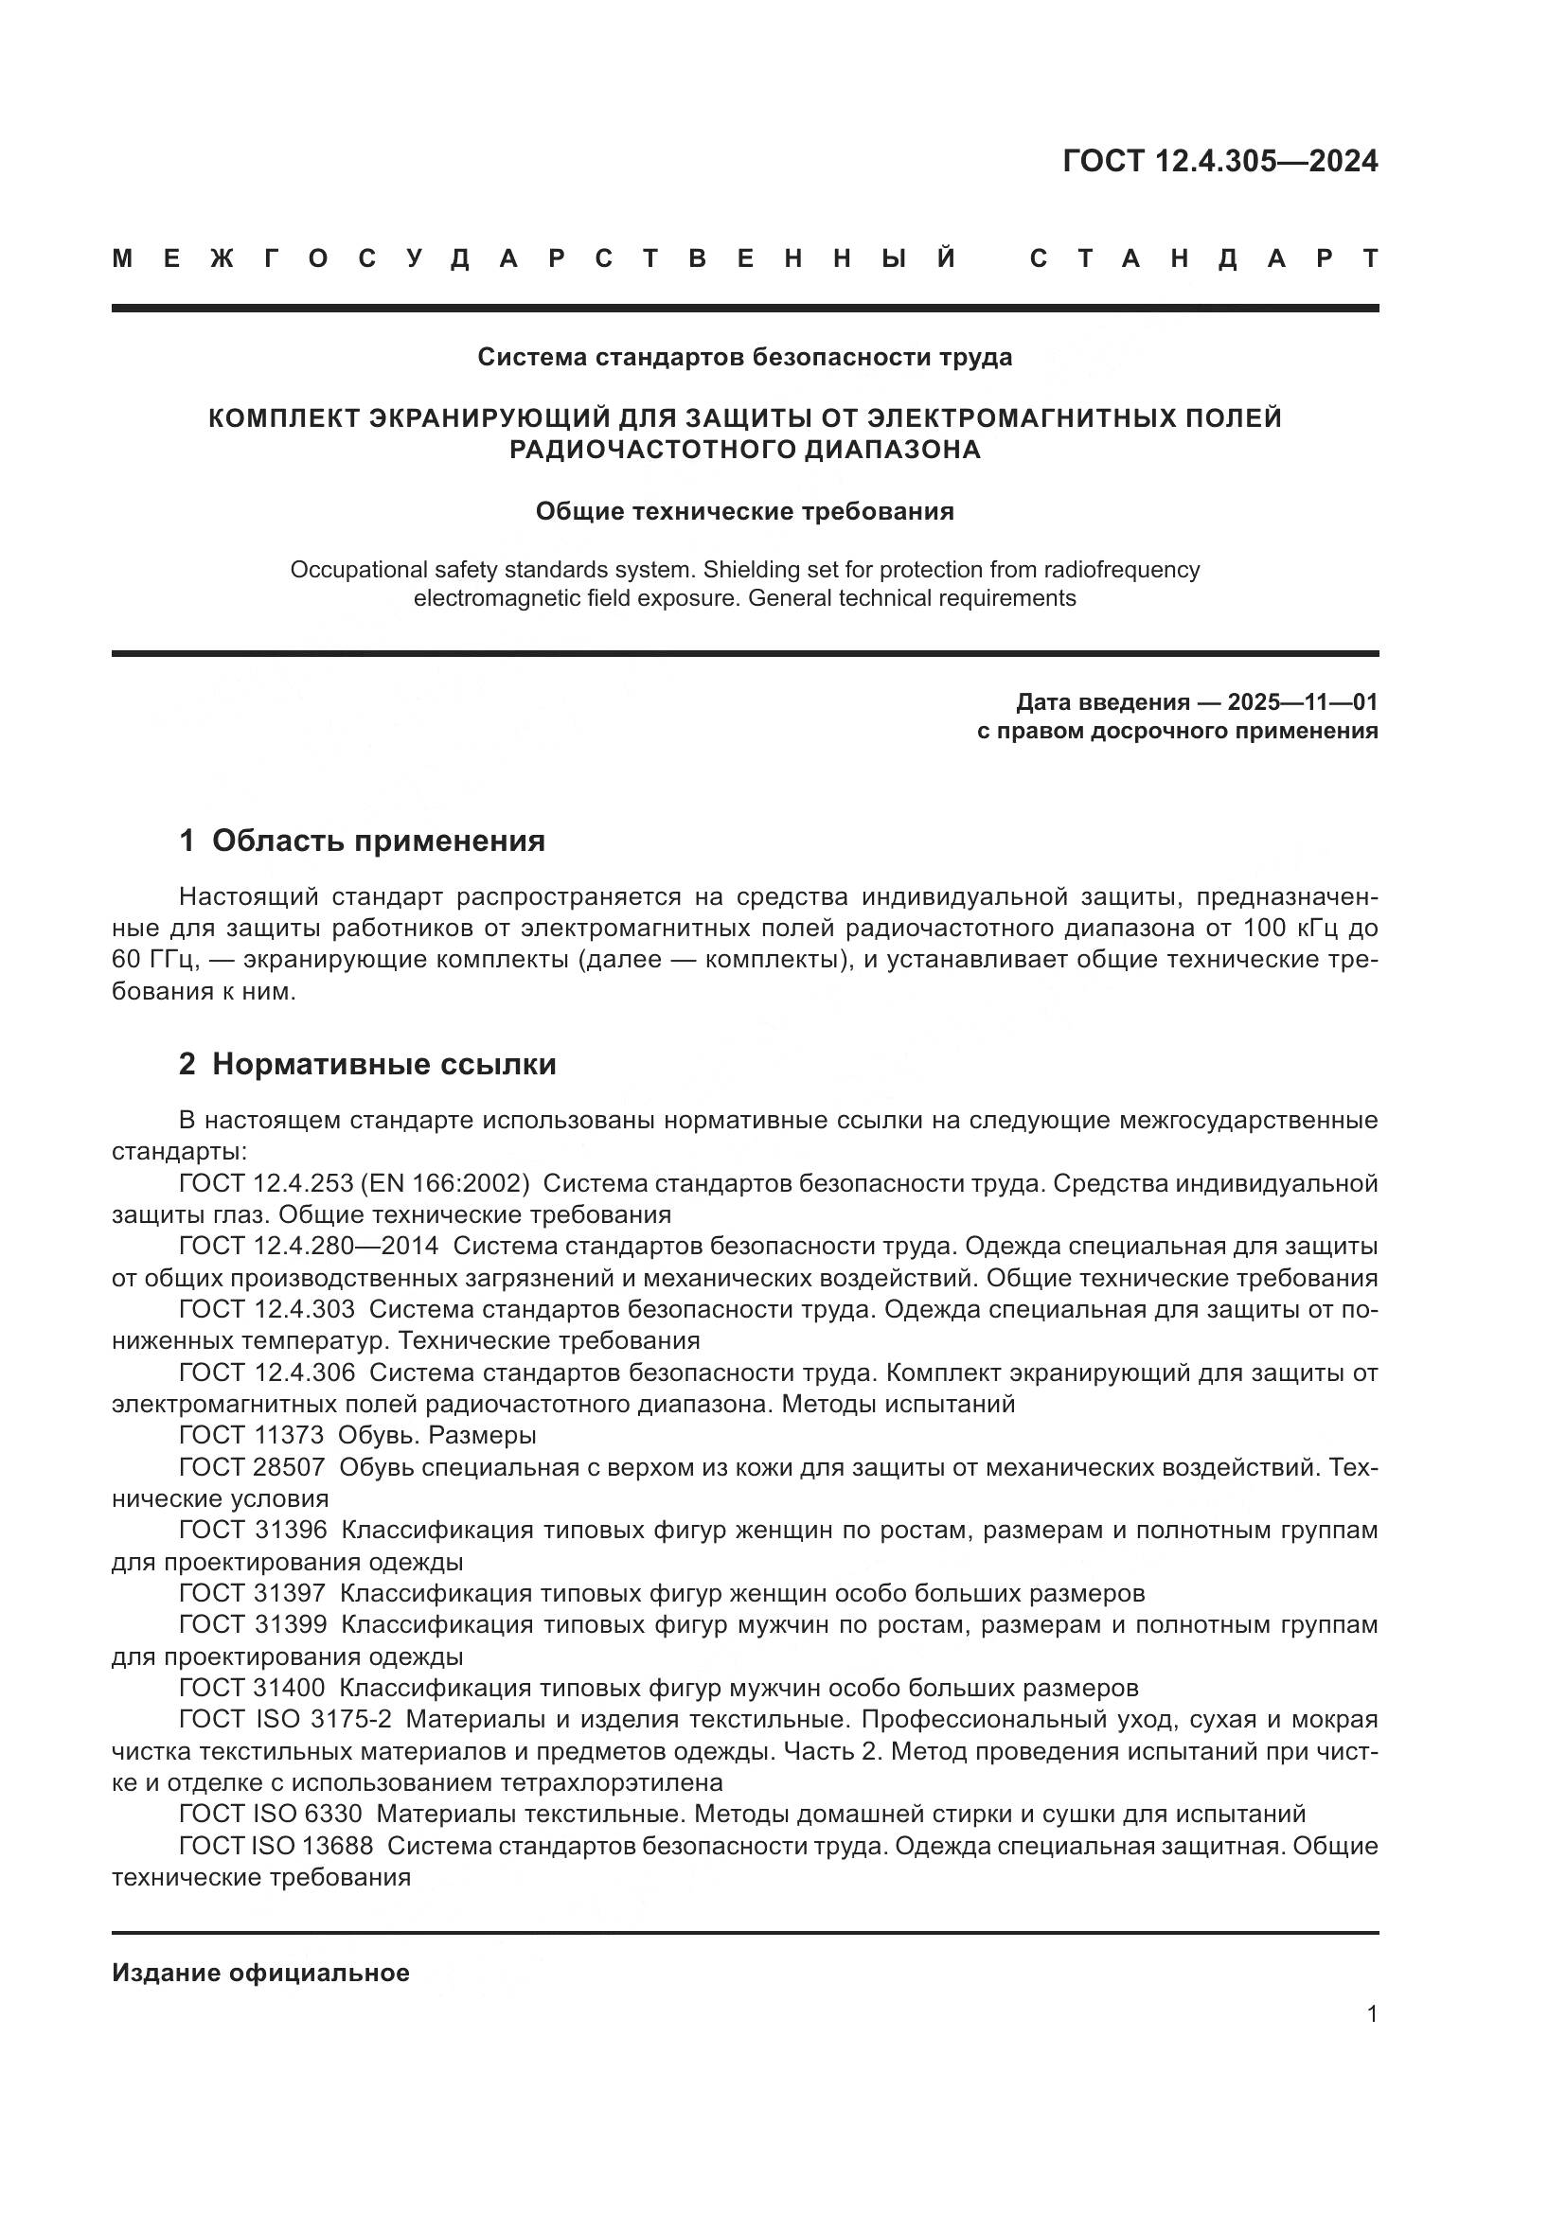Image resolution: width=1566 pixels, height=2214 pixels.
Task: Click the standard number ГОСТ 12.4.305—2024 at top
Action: (x=1219, y=161)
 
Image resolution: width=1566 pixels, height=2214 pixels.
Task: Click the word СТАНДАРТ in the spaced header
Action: (x=1203, y=258)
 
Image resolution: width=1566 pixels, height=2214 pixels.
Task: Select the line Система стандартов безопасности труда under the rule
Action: (x=744, y=358)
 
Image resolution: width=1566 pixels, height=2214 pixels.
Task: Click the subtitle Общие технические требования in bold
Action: (x=744, y=512)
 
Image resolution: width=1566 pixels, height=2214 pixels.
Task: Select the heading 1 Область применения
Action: (x=362, y=841)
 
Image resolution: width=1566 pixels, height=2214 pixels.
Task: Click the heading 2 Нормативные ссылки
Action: (x=367, y=1065)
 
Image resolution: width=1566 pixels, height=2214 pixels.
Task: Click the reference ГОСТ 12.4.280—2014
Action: (x=309, y=1247)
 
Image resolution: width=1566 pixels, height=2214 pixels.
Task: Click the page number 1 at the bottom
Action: (x=1371, y=2014)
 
